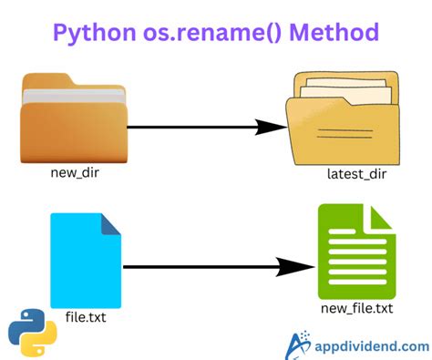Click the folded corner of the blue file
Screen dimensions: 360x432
point(111,223)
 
